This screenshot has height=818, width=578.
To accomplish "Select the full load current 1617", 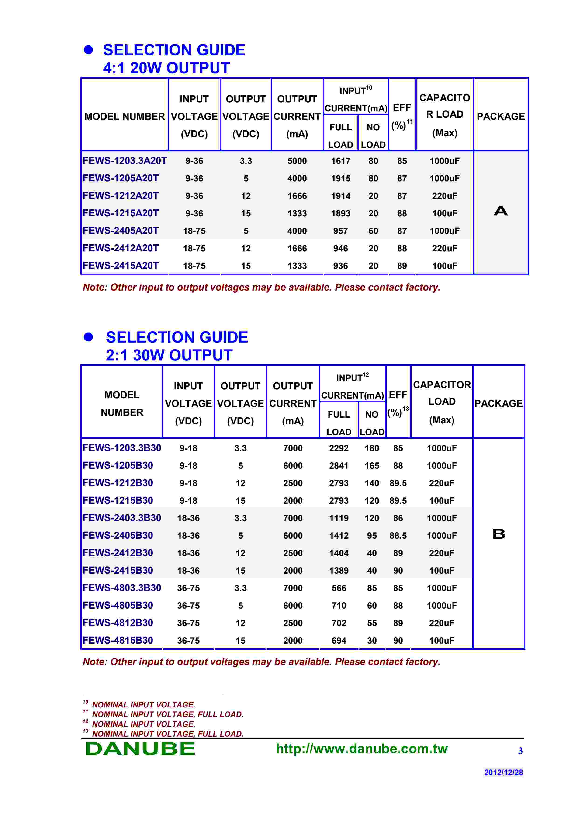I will pos(340,161).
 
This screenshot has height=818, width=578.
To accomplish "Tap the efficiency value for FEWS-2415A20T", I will pos(402,266).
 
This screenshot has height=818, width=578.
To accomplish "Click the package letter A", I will pos(501,211).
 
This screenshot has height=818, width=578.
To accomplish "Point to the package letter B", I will pos(498,534).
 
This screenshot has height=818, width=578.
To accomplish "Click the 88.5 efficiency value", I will pos(398,535).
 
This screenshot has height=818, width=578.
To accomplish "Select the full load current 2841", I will pos(339,466).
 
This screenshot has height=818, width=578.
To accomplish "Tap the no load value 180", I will pos(371,448).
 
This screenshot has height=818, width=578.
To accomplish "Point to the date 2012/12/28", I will pos(503,772).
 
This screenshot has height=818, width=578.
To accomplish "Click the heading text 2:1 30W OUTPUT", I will pos(169,355).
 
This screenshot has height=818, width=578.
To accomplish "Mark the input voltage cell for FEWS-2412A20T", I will pos(194,248).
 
